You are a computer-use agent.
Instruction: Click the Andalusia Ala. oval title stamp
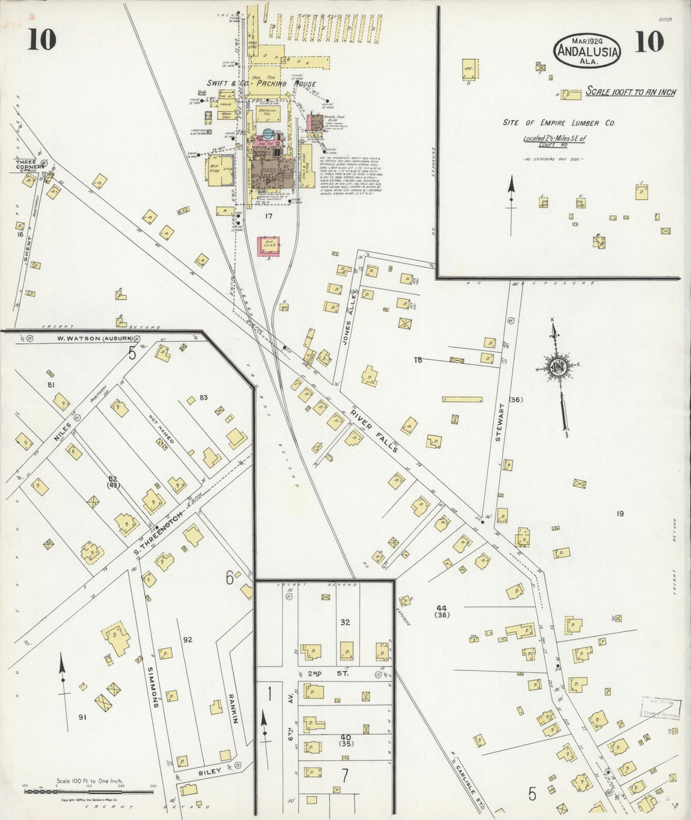(587, 49)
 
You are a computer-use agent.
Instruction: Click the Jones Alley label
(350, 309)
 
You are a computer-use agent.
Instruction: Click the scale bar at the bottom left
(89, 792)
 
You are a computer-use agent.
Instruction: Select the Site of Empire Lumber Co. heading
(558, 123)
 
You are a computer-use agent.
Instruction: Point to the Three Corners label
(30, 165)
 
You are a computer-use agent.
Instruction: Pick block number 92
(187, 640)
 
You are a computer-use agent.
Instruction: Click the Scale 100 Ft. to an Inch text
(630, 92)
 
